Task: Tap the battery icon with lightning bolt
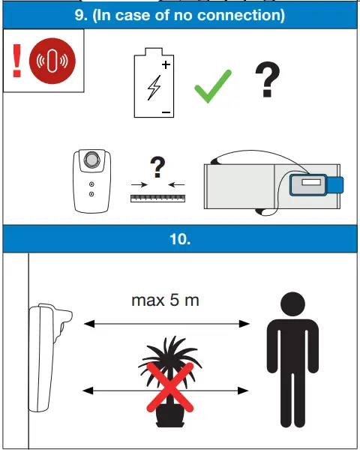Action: click(x=154, y=88)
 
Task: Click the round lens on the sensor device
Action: click(x=91, y=160)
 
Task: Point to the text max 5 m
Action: click(x=166, y=301)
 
